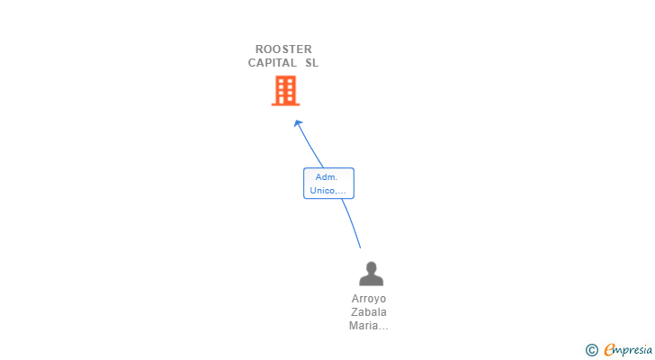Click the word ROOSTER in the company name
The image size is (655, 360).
(x=283, y=49)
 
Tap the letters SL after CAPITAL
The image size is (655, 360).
(x=311, y=63)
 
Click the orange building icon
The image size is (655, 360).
(x=285, y=90)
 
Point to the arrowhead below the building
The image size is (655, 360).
(x=298, y=122)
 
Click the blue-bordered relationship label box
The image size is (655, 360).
(x=328, y=184)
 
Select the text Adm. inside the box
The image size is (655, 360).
(x=327, y=177)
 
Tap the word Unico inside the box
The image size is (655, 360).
(x=324, y=191)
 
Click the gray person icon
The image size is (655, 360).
(x=371, y=274)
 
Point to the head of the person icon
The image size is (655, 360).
(x=371, y=266)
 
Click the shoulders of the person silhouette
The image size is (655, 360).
(x=371, y=281)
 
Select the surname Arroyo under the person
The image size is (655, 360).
(x=369, y=299)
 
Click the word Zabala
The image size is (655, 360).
(x=369, y=312)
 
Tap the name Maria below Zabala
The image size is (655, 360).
(x=365, y=326)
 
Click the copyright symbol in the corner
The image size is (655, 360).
(x=591, y=350)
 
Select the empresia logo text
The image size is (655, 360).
(x=627, y=350)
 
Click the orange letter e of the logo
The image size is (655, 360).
(x=609, y=350)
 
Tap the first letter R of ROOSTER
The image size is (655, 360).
(x=259, y=49)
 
